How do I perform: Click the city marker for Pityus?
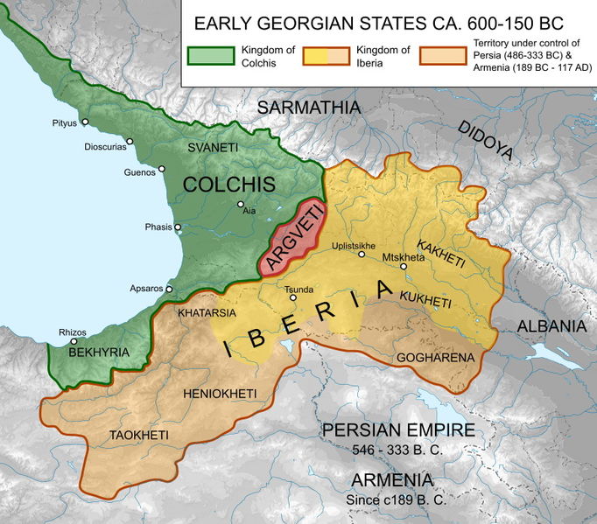pyautogui.click(x=83, y=124)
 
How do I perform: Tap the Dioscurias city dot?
pyautogui.click(x=130, y=141)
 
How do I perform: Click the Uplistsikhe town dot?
pyautogui.click(x=362, y=255)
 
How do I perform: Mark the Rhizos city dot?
pyautogui.click(x=74, y=342)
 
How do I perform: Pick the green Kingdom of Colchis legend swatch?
pyautogui.click(x=208, y=56)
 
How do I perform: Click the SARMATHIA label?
pyautogui.click(x=309, y=108)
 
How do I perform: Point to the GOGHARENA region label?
pyautogui.click(x=435, y=358)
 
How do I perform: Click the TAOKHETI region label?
pyautogui.click(x=139, y=435)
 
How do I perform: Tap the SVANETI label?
pyautogui.click(x=213, y=149)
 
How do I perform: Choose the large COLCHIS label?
pyautogui.click(x=229, y=184)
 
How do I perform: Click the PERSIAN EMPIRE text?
pyautogui.click(x=398, y=430)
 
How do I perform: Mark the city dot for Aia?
pyautogui.click(x=241, y=207)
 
